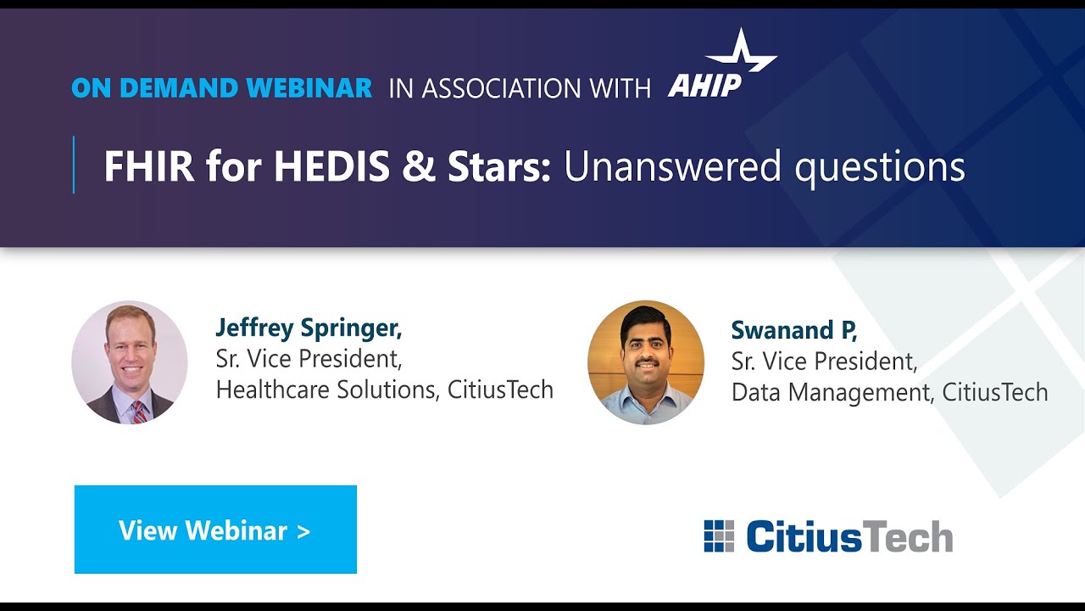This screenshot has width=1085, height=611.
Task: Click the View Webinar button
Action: pyautogui.click(x=215, y=530)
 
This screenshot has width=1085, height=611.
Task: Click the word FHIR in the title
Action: pyautogui.click(x=148, y=167)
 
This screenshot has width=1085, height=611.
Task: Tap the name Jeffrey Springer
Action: pyautogui.click(x=309, y=328)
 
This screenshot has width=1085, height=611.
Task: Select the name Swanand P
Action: pyautogui.click(x=794, y=331)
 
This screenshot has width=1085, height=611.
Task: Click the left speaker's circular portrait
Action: pyautogui.click(x=130, y=362)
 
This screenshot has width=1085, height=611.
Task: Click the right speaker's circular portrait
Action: pyautogui.click(x=646, y=362)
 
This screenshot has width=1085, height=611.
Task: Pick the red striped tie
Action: pyautogui.click(x=138, y=411)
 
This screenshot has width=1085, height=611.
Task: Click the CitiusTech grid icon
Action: pyautogui.click(x=719, y=536)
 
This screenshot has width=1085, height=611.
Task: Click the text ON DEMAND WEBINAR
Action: pyautogui.click(x=222, y=87)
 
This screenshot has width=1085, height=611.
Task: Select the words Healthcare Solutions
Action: pyautogui.click(x=325, y=390)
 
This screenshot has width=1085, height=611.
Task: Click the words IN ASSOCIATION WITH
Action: pyautogui.click(x=520, y=87)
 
